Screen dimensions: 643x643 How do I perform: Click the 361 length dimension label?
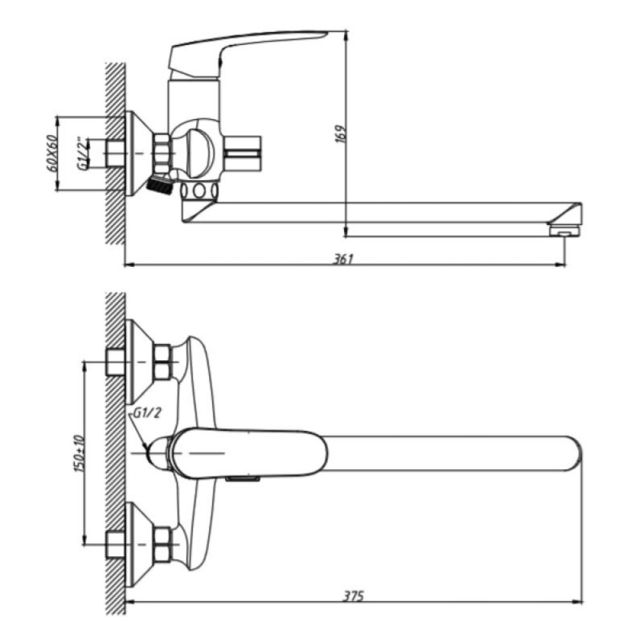[343, 259]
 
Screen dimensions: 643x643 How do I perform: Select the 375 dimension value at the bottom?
[353, 596]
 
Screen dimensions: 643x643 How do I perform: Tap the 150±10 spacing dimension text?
[79, 453]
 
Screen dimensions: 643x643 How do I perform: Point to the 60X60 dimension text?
[52, 154]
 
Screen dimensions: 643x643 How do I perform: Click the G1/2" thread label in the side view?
[83, 154]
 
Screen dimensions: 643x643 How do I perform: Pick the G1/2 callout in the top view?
[147, 413]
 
